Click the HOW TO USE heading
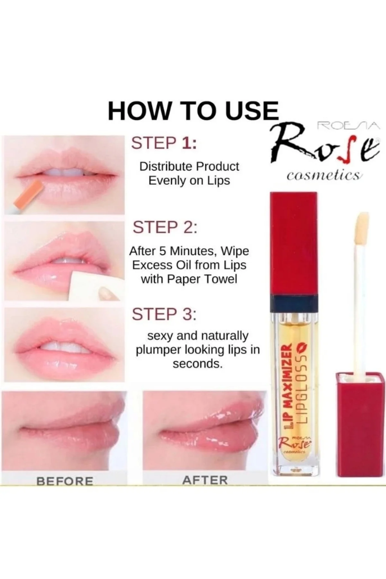(193, 111)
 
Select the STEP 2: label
(165, 227)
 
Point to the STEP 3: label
(164, 314)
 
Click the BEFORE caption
(65, 481)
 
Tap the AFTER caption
(205, 480)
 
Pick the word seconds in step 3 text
(198, 364)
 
